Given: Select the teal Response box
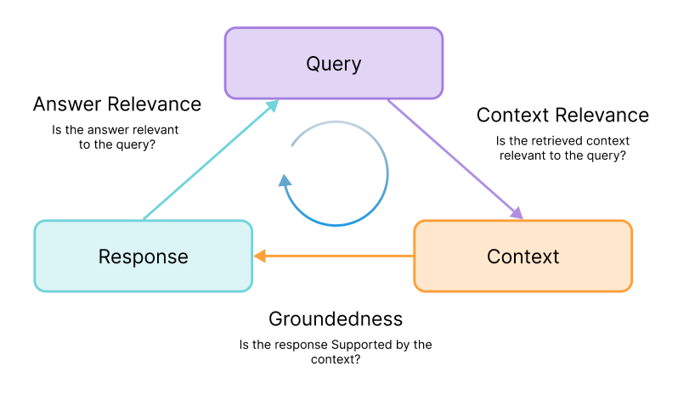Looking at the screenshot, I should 143,256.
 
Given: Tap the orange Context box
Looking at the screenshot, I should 523,256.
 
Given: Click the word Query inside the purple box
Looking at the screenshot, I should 333,64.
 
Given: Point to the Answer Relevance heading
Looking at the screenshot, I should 117,104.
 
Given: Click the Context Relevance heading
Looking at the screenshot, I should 562,115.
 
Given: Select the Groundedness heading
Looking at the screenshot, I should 335,319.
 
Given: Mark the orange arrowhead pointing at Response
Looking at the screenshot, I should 261,256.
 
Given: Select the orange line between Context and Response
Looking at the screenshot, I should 340,256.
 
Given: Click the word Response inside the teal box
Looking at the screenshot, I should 143,256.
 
